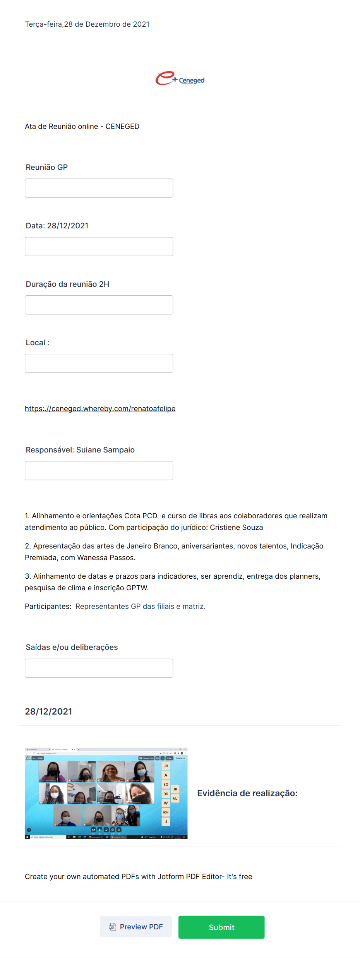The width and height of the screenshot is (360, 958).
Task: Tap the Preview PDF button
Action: click(136, 926)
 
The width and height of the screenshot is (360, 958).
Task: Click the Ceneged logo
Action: click(180, 79)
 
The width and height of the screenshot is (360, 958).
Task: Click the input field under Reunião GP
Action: click(99, 188)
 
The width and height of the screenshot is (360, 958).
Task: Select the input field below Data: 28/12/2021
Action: click(99, 247)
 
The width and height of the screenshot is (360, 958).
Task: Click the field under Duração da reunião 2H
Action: click(99, 305)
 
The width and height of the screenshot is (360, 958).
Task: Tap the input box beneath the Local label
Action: click(99, 363)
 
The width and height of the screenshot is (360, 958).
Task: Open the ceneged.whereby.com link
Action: click(100, 409)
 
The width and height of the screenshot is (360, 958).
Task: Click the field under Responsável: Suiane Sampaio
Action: click(99, 471)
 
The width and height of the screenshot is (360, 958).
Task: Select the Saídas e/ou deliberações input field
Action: click(99, 668)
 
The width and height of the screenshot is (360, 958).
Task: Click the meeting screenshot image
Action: click(106, 793)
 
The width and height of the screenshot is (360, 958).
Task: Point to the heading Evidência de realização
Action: click(247, 793)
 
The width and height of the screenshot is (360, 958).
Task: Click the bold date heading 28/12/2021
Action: click(48, 711)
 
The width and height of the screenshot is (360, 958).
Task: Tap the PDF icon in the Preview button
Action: click(112, 927)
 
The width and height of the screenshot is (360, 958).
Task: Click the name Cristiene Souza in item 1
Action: click(236, 528)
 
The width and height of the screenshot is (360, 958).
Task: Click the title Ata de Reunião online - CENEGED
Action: click(82, 127)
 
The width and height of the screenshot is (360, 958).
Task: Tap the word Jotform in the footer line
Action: click(171, 877)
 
